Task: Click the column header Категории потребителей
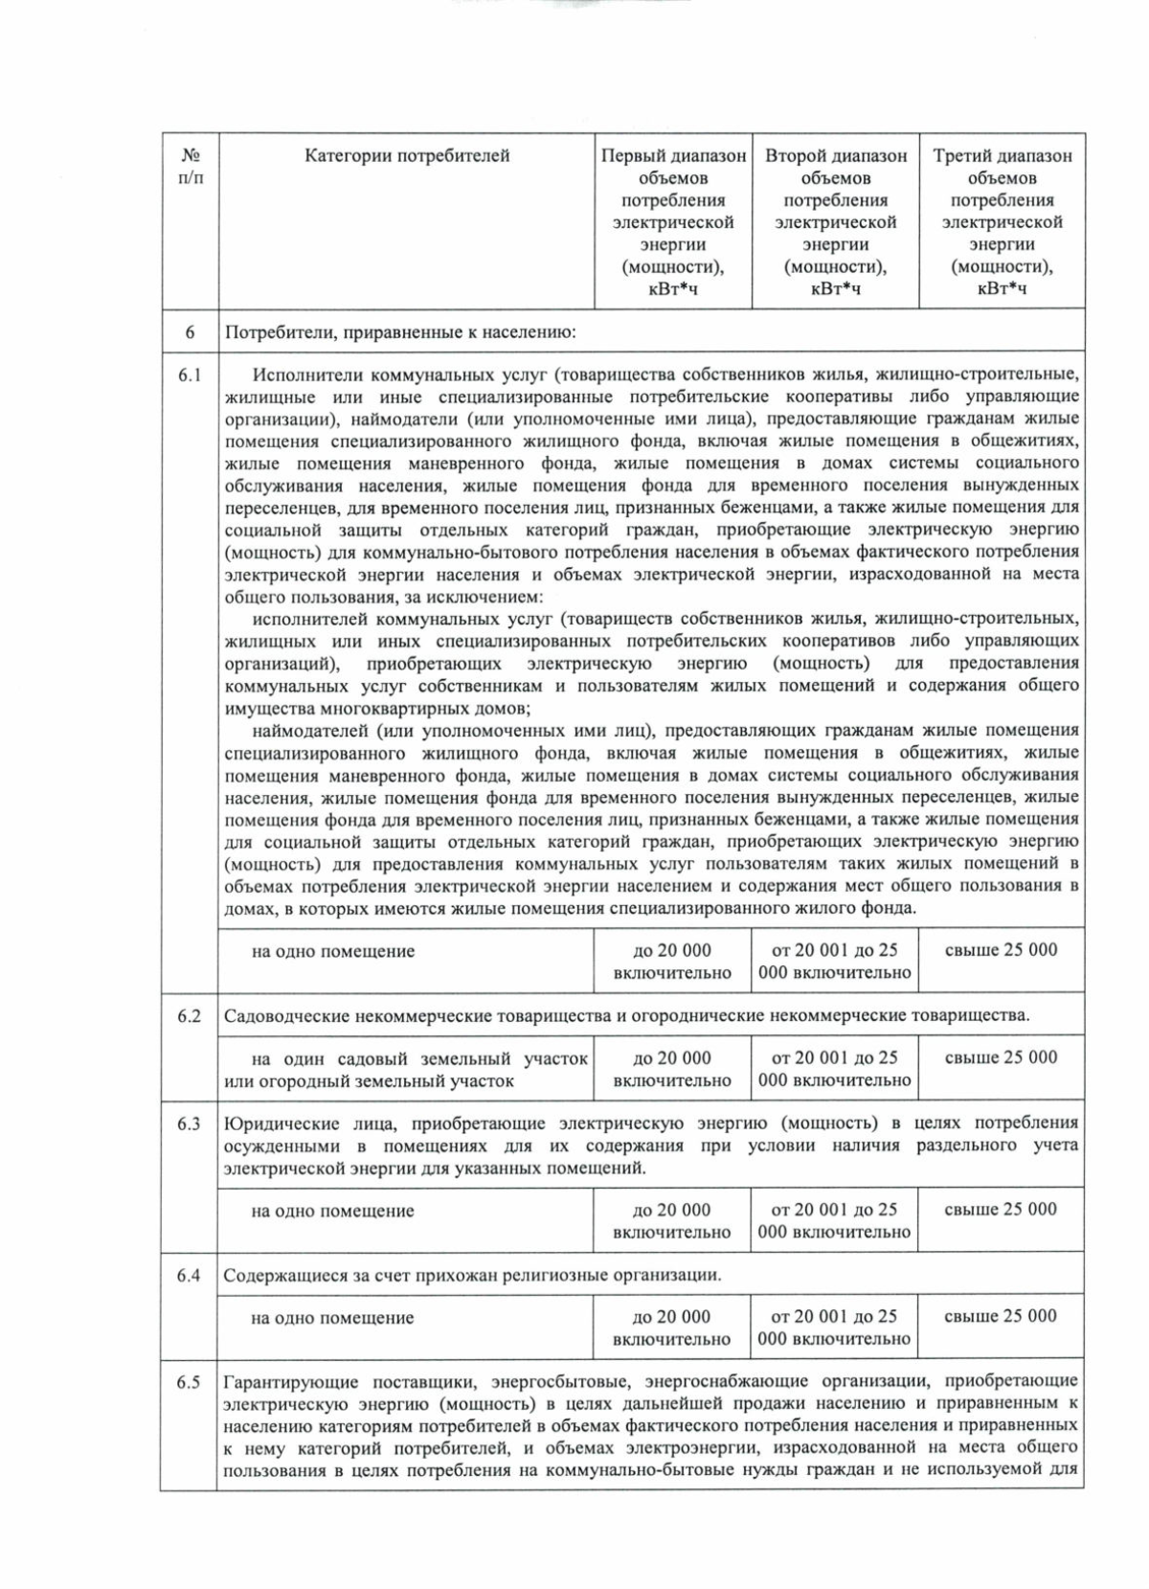[x=407, y=156]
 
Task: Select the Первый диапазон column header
[x=673, y=221]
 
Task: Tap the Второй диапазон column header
[x=835, y=221]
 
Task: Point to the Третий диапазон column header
[x=1002, y=221]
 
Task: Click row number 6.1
[x=190, y=375]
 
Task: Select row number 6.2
[x=190, y=1016]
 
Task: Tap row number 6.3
[x=190, y=1124]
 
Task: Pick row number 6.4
[x=190, y=1276]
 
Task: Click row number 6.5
[x=190, y=1382]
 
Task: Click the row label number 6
[x=190, y=332]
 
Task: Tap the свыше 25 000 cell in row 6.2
[x=1001, y=1057]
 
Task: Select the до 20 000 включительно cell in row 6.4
[x=672, y=1328]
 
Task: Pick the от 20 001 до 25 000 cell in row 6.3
[x=834, y=1220]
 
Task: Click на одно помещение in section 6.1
[x=332, y=952]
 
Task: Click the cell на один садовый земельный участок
[x=406, y=1070]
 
